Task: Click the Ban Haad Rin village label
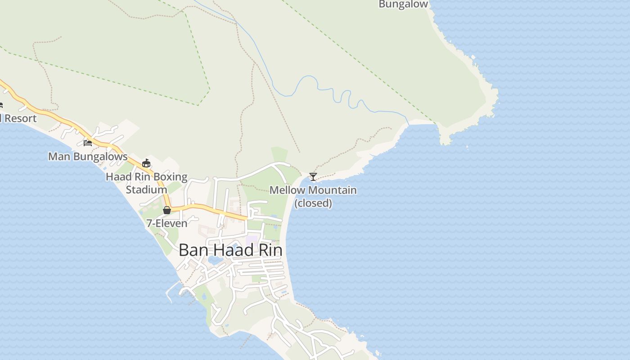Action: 230,250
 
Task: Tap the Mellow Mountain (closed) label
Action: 313,197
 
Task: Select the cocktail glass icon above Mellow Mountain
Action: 313,176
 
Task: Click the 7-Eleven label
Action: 167,223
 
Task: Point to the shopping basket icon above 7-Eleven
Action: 167,210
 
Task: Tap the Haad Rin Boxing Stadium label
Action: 147,183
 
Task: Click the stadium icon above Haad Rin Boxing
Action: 146,163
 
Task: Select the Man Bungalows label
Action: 88,157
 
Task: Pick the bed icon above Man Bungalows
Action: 88,143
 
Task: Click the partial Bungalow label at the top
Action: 403,4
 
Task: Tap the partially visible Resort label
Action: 19,118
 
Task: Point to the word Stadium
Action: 147,189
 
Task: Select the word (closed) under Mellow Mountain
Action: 313,203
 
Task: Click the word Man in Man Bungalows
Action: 59,157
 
